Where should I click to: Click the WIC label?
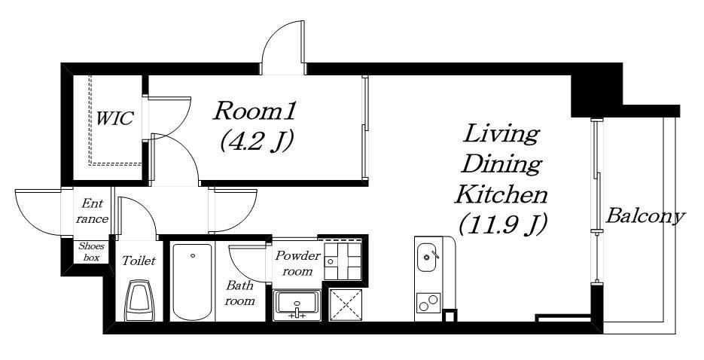point(114,118)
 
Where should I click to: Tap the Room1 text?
point(254,111)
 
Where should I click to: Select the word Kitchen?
point(501,195)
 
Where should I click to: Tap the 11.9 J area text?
point(502,224)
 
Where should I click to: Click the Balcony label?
point(645,217)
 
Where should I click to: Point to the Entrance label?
point(92,211)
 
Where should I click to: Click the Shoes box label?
point(91,252)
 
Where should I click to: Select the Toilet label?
point(139,261)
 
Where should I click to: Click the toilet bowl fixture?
point(139,300)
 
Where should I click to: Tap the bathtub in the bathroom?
point(192,282)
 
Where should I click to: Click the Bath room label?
point(239,293)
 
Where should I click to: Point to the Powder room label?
point(297,263)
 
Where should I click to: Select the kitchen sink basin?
point(428,257)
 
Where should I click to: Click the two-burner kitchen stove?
point(428,303)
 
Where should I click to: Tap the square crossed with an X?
point(346,305)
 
